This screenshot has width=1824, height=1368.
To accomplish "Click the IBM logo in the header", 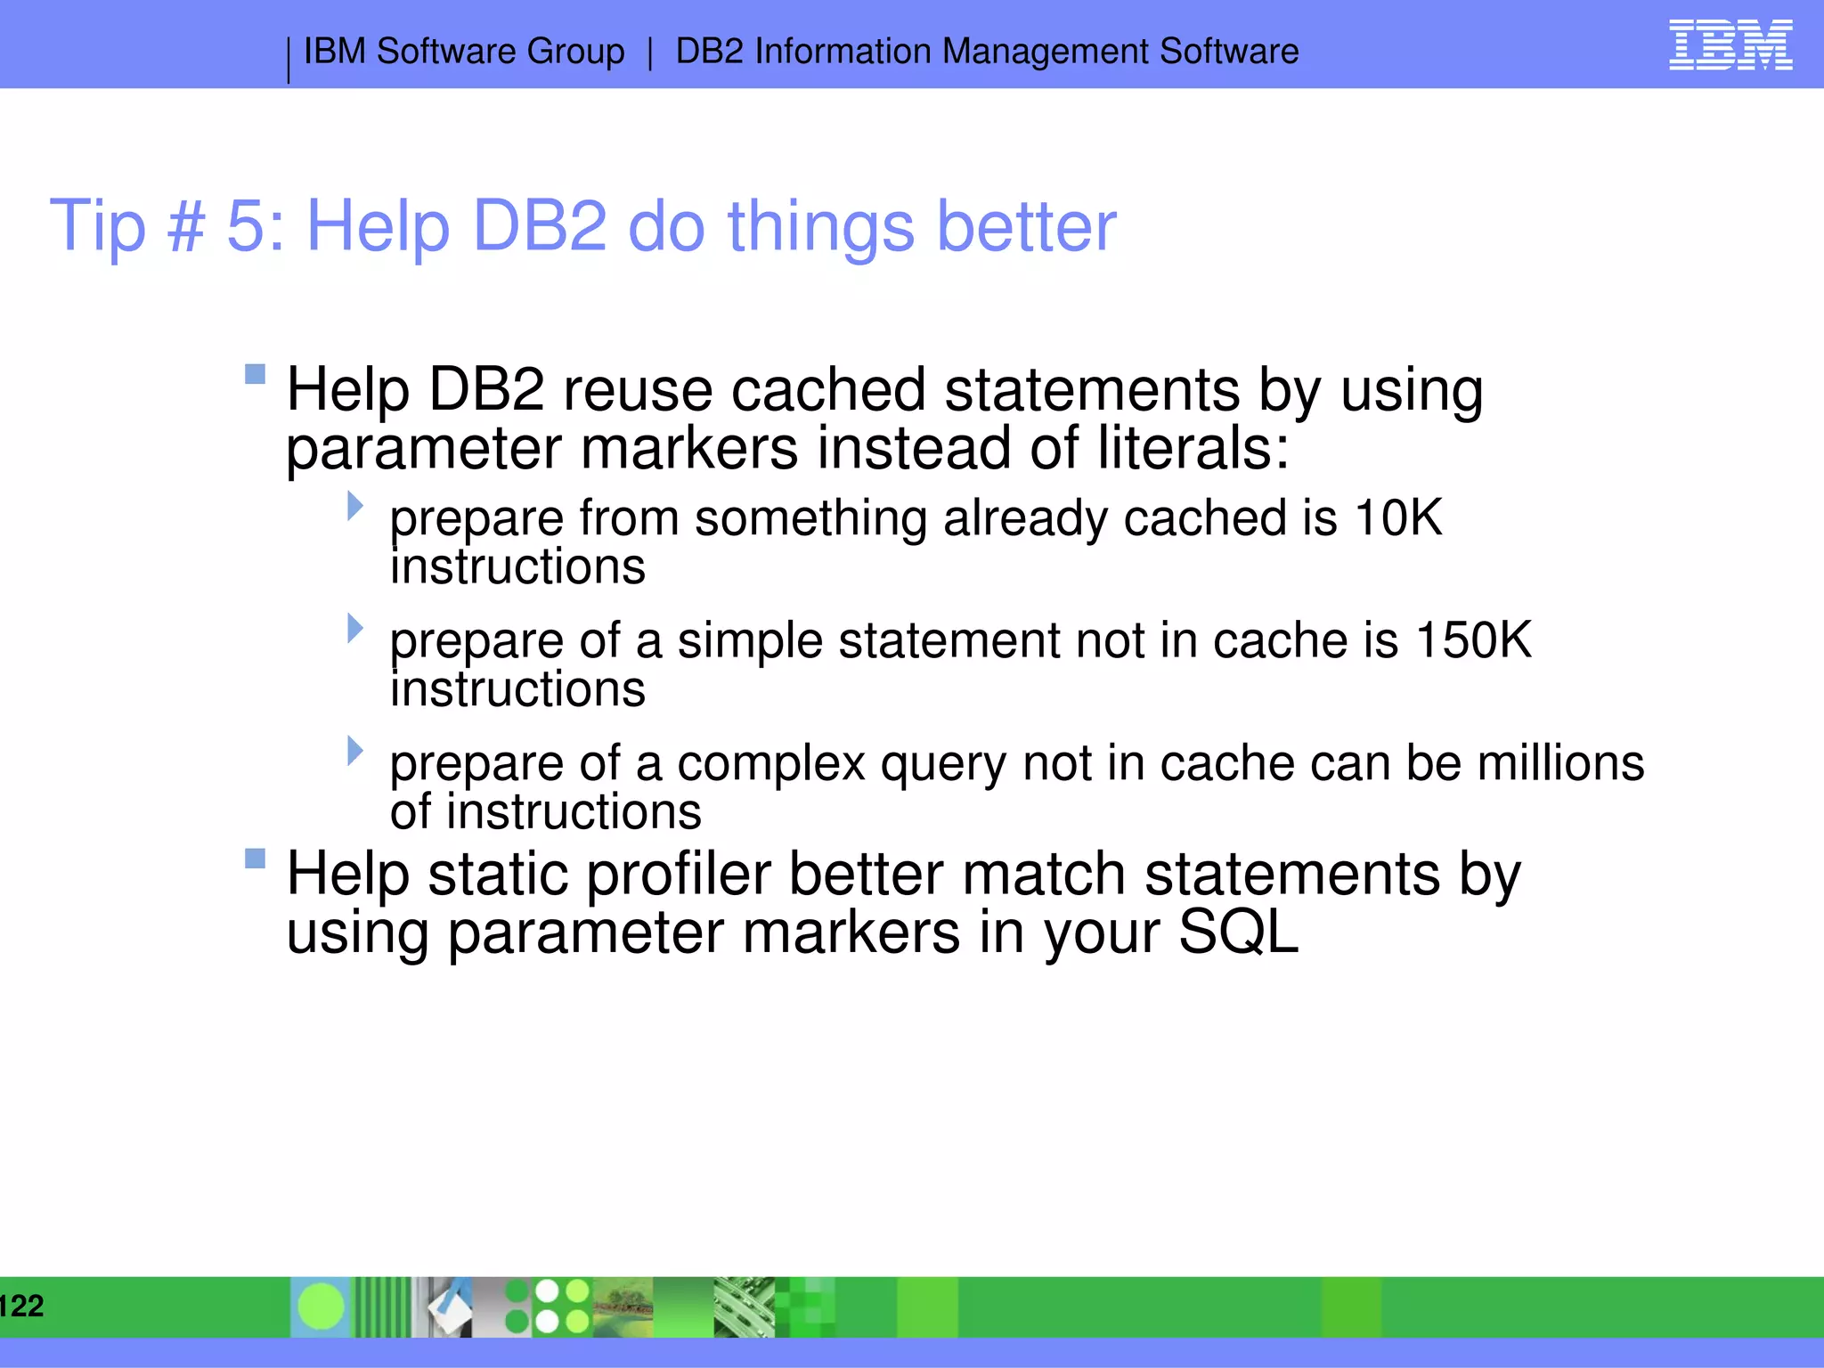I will pyautogui.click(x=1730, y=45).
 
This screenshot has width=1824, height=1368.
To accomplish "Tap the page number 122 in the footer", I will pyautogui.click(x=21, y=1306).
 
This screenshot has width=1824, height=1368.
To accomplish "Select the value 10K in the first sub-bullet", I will pyautogui.click(x=1397, y=517).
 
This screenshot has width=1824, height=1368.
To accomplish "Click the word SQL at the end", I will pyautogui.click(x=1238, y=932).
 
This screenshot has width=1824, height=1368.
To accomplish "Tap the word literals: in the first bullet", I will pyautogui.click(x=1193, y=448).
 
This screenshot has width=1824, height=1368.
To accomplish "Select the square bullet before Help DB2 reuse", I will pyautogui.click(x=256, y=374).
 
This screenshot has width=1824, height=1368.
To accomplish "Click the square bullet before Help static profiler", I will pyautogui.click(x=256, y=859).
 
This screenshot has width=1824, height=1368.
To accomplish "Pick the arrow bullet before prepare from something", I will pyautogui.click(x=355, y=506).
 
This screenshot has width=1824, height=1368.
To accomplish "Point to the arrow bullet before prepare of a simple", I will pyautogui.click(x=355, y=628).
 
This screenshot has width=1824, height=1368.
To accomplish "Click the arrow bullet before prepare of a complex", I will pyautogui.click(x=355, y=750).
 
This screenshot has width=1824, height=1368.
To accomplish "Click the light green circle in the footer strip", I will pyautogui.click(x=321, y=1307).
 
